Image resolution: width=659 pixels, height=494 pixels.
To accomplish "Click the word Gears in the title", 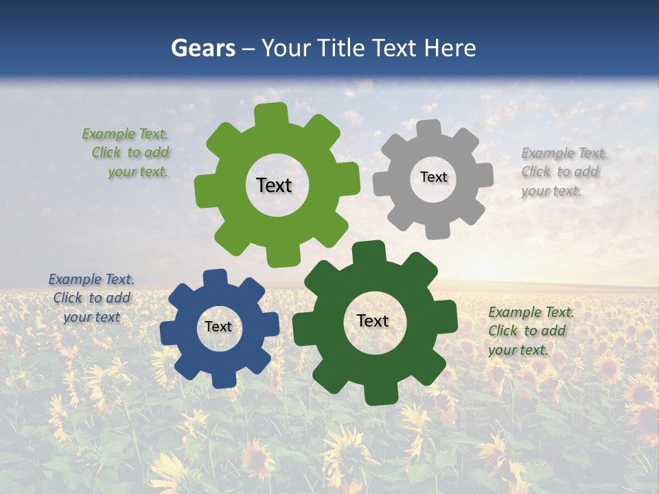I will coord(203,49).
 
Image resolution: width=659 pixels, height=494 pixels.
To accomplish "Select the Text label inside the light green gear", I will coord(274,185).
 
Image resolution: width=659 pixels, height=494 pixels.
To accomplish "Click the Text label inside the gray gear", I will coord(433,177).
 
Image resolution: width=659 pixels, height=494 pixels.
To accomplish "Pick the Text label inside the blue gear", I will coord(218,327).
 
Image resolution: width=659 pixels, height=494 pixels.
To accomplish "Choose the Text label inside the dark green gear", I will coord(373,321).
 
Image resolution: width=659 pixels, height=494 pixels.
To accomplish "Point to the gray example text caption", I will coord(563,172).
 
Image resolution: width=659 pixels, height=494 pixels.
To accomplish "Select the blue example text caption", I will coord(91,298).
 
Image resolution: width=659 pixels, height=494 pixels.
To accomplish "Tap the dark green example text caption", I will coord(530,331).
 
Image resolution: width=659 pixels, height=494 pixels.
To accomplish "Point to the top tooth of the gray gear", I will coord(428,128).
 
